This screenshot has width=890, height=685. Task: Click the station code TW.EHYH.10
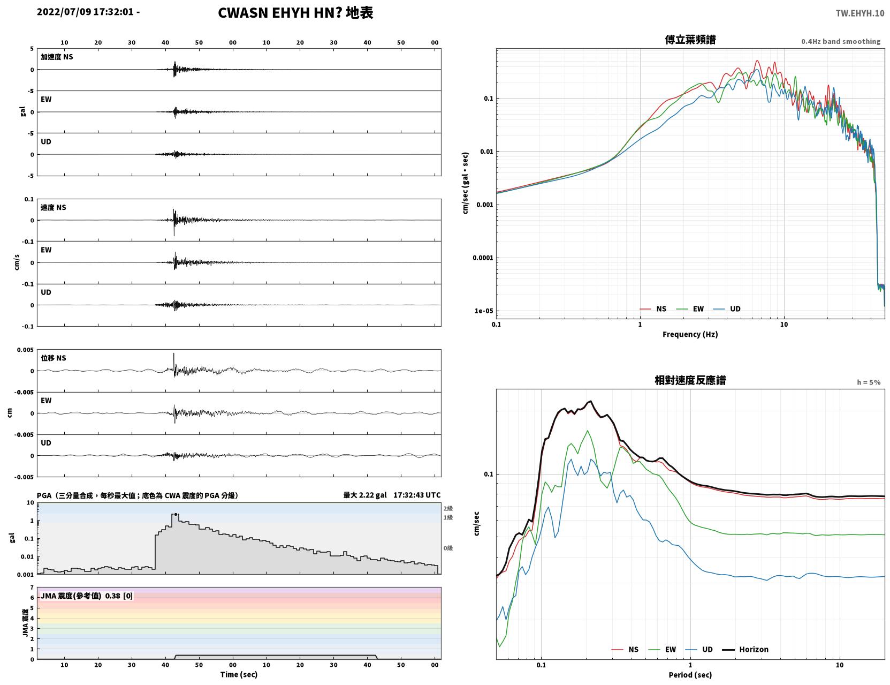[859, 13]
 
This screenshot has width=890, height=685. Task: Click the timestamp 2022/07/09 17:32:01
[85, 12]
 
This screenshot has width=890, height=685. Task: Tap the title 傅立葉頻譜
[690, 40]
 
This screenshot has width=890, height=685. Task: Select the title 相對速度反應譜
[690, 380]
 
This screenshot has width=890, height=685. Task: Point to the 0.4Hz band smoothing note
[840, 41]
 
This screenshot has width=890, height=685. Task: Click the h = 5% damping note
[868, 382]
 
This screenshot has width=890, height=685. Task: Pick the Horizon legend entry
[745, 649]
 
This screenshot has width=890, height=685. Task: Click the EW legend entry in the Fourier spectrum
[690, 309]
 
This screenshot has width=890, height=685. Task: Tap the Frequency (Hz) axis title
[690, 334]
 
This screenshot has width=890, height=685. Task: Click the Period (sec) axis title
[690, 675]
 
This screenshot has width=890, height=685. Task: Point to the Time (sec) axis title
[239, 674]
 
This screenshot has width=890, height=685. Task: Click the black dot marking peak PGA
[176, 514]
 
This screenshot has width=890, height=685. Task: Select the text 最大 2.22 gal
[364, 495]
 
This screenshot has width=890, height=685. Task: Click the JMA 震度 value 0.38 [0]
[119, 596]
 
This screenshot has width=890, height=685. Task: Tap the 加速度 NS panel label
[57, 57]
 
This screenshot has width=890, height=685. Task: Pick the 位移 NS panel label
[53, 358]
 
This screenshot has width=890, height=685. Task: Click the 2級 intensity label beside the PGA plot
[448, 508]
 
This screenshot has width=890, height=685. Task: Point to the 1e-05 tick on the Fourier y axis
[484, 311]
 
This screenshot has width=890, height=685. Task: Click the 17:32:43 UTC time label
[417, 495]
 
